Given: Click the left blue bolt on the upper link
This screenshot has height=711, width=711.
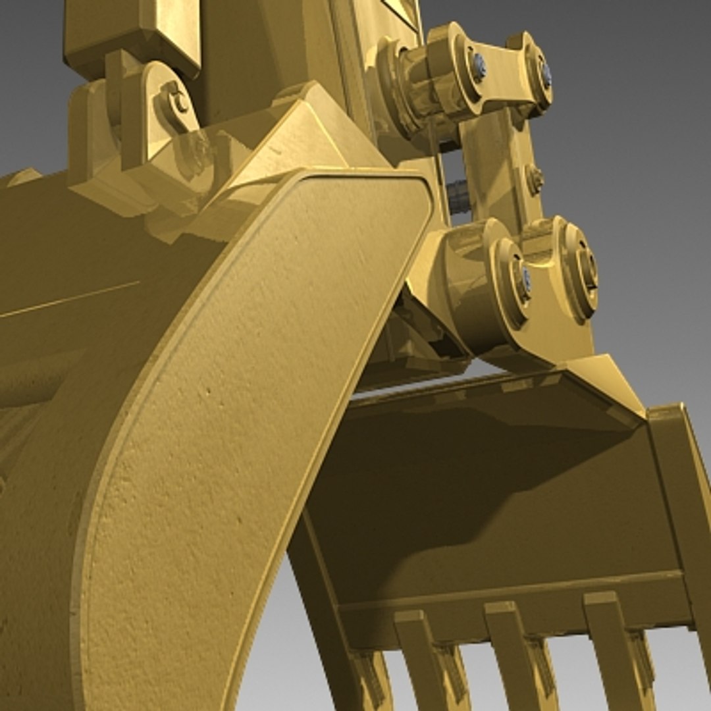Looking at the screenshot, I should [479, 66].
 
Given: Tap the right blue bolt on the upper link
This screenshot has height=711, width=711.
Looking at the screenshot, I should [546, 74].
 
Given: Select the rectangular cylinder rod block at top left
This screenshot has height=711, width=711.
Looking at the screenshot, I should [132, 33].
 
